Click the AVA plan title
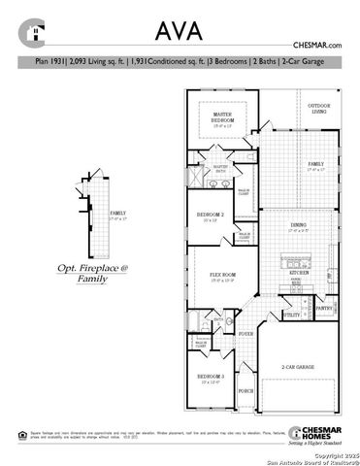click(x=180, y=30)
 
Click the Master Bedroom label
click(x=229, y=120)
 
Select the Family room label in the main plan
click(x=316, y=165)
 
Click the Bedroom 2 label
click(x=211, y=216)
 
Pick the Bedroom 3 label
click(x=211, y=378)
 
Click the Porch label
click(x=245, y=391)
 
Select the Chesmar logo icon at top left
click(x=34, y=33)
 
